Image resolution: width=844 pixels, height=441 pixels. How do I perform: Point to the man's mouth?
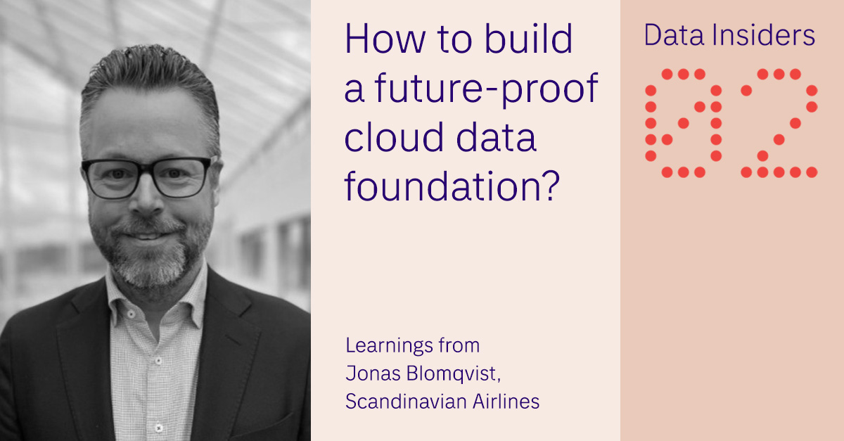(x=148, y=233)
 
